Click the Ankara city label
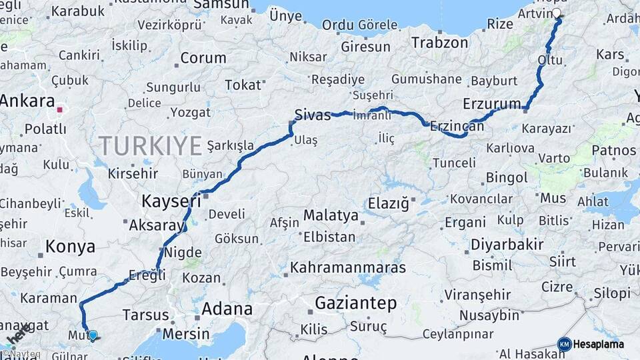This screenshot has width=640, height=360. (27, 101)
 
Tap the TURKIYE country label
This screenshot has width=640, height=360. (150, 145)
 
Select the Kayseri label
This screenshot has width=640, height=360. (171, 200)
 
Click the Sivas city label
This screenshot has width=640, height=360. (313, 115)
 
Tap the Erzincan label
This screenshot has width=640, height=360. (457, 125)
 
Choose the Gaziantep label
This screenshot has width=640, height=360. (355, 303)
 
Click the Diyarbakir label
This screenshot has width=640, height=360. (507, 244)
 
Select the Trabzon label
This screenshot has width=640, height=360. (439, 43)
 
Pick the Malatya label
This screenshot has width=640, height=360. (331, 215)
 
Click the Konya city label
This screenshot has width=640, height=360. (70, 247)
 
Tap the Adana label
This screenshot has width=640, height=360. (227, 309)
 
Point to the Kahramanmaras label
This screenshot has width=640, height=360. (347, 268)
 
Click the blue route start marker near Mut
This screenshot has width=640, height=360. (93, 335)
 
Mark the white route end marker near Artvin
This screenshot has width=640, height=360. (557, 12)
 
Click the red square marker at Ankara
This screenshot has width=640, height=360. (60, 110)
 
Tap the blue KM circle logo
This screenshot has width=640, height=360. (564, 344)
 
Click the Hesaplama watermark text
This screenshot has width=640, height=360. (599, 344)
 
